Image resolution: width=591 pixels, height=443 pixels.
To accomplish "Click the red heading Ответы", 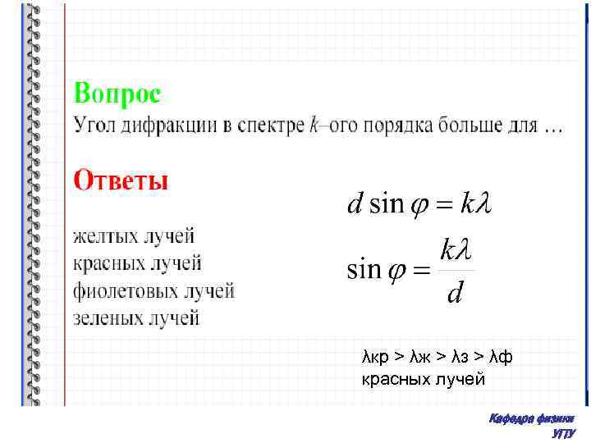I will (121, 180).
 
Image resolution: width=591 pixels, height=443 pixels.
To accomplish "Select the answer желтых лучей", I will (134, 237).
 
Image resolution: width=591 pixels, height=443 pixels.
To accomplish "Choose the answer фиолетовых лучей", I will (154, 290).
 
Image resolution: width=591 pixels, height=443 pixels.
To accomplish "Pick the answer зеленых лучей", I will (136, 317).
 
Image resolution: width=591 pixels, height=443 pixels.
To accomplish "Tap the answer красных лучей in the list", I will (137, 263).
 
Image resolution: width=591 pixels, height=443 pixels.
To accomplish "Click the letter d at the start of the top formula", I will (355, 203).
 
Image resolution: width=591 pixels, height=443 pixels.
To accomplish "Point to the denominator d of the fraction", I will (454, 293).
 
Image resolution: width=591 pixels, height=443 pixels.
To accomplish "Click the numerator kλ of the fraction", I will (456, 249).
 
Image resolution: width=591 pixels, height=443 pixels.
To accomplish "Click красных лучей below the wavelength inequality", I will (424, 380).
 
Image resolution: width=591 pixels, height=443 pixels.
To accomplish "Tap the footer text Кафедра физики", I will (531, 419).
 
